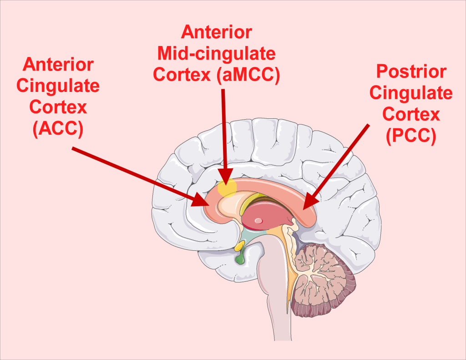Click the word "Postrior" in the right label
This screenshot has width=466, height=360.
(411, 72)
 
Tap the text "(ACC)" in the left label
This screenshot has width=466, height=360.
(58, 129)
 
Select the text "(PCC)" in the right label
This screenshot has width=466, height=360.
(411, 136)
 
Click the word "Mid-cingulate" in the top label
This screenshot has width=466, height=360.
(216, 53)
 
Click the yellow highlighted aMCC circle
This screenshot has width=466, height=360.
(227, 188)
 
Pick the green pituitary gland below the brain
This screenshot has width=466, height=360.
(240, 259)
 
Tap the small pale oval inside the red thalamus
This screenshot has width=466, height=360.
(258, 221)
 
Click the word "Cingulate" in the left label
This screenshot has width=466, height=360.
(58, 86)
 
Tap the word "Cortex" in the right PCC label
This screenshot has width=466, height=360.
(411, 114)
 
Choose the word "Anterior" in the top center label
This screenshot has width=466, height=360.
(216, 32)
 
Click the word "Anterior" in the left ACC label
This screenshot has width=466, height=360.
(58, 65)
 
